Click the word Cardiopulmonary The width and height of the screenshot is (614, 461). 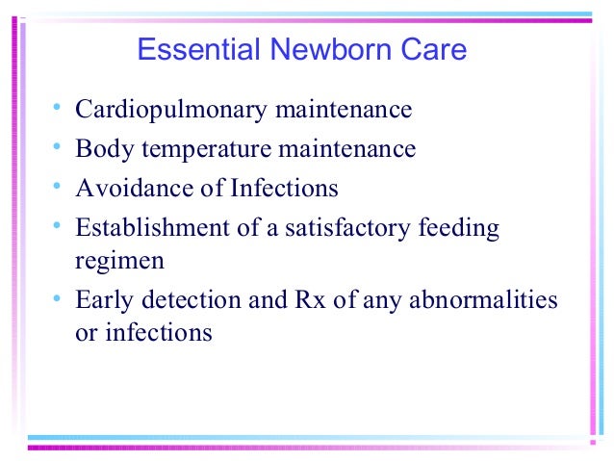tap(171, 110)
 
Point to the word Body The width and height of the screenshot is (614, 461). tap(100, 149)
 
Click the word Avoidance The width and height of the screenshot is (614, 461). tap(129, 189)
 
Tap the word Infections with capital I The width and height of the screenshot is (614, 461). tap(284, 189)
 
